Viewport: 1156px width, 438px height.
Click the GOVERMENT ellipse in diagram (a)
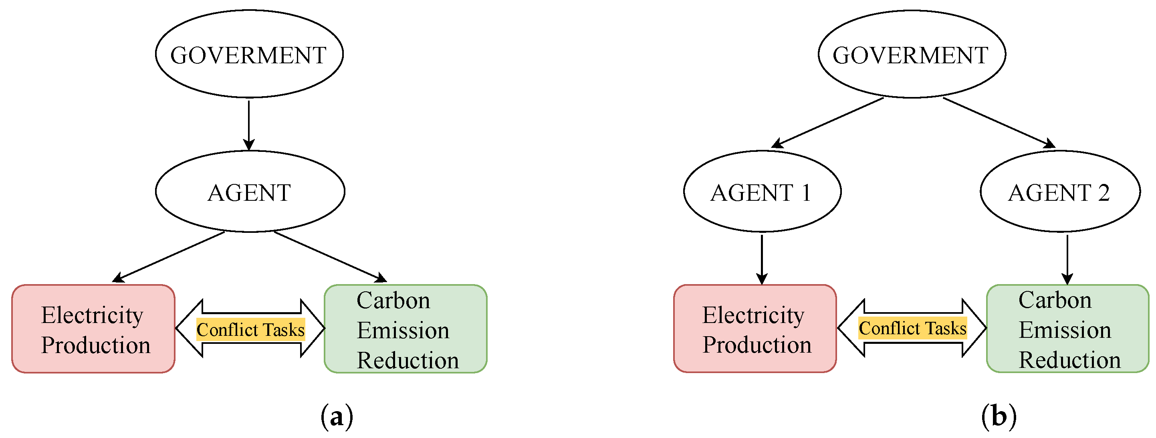249,54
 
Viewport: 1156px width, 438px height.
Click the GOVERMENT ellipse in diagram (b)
912,54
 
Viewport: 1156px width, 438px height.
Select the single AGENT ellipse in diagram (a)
250,192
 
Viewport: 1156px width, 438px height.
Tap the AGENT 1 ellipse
762,192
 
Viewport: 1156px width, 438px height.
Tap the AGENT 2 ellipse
1060,192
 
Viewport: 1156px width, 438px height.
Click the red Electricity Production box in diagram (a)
93,329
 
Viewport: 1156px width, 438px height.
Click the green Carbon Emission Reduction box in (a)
406,329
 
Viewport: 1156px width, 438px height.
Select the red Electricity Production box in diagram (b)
755,329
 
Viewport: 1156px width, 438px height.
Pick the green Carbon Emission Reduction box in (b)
1067,329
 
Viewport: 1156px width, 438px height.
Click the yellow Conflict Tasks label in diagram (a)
250,329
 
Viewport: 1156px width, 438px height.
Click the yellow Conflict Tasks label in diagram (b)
912,328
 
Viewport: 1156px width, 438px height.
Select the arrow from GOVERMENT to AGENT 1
828,122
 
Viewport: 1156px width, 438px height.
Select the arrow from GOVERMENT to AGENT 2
999,122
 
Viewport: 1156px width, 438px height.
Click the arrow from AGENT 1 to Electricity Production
762,259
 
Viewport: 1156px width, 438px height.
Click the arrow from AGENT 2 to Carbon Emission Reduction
1067,259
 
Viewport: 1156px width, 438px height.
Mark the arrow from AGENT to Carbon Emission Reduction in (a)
330,256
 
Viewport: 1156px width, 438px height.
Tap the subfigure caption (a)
337,416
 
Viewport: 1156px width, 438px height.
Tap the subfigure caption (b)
999,416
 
